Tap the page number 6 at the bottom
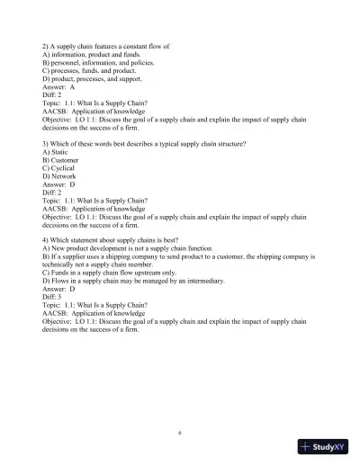click(x=180, y=433)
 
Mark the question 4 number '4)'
click(x=46, y=235)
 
